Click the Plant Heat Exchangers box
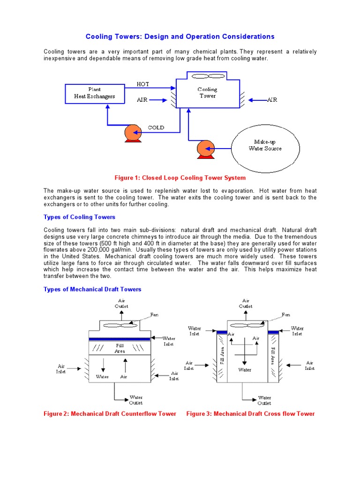tap(94, 93)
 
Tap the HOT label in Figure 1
tap(142, 84)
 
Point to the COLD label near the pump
tap(156, 127)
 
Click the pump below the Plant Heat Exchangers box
tap(133, 133)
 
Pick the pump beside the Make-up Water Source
tap(205, 149)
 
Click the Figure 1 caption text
tap(180, 178)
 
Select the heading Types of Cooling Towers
tap(79, 217)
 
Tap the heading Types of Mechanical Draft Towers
tap(92, 289)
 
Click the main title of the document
tap(180, 37)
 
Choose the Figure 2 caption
tap(110, 413)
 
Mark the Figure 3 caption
tap(250, 413)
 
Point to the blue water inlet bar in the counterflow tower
tap(120, 339)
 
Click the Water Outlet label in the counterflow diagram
tap(136, 400)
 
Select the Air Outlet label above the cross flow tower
tap(246, 303)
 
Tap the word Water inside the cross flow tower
tap(245, 370)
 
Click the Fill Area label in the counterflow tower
tap(120, 348)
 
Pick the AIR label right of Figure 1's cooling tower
tap(272, 100)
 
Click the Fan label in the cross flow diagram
tap(286, 314)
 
